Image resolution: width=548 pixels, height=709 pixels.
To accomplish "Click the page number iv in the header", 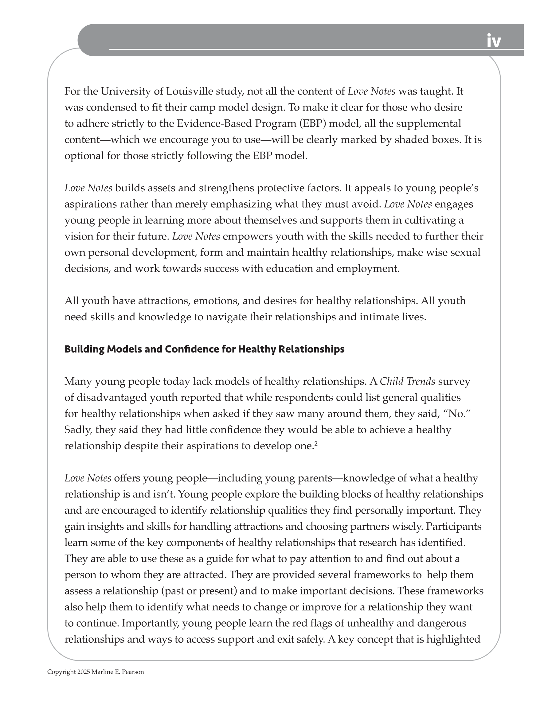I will click(493, 41).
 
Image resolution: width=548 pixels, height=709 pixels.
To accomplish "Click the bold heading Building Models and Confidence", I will click(204, 349).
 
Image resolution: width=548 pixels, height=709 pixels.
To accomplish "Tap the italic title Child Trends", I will click(407, 381).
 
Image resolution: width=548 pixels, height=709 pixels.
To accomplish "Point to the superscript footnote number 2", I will click(316, 443).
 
